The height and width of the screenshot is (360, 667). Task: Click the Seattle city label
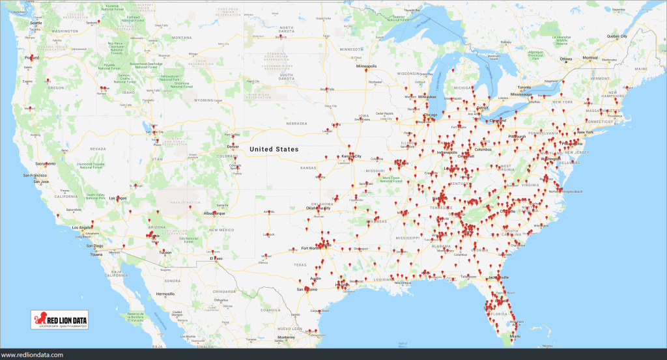[35, 23]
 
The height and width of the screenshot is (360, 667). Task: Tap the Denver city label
[233, 147]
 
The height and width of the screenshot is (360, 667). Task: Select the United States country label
[274, 149]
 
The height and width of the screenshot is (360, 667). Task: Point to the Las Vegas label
[117, 198]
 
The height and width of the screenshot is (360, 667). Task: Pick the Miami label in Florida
[515, 336]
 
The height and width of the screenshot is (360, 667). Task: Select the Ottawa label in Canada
[565, 59]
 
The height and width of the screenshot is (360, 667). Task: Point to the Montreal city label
[590, 58]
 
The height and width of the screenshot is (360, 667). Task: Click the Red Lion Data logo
[62, 320]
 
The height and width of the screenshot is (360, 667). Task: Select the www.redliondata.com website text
[32, 354]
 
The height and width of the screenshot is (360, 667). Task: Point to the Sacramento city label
[46, 163]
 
